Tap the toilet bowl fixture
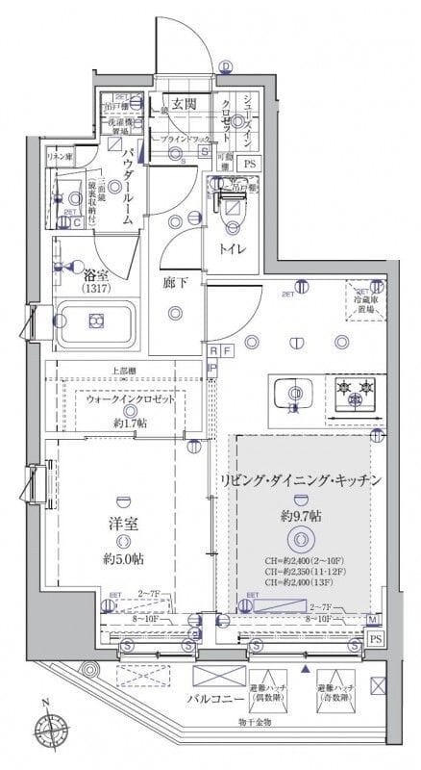click(x=232, y=214)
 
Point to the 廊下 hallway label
click(x=175, y=284)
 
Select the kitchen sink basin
click(x=291, y=396)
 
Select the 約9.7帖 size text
click(x=301, y=516)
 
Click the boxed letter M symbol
click(x=370, y=619)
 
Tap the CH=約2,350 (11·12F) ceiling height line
click(x=301, y=572)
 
